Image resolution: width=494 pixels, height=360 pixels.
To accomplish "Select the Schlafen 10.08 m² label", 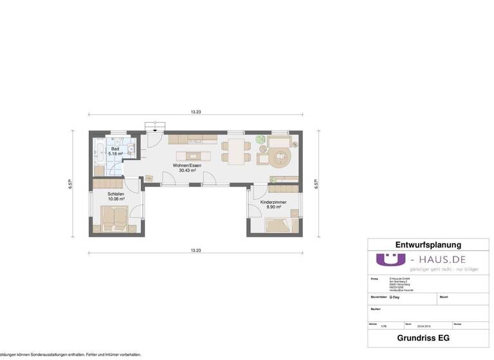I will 116,196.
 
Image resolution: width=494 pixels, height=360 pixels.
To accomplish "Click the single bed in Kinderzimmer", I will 278,225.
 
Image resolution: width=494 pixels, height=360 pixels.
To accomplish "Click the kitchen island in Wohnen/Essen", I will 195,154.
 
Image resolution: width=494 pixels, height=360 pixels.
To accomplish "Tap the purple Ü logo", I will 390,260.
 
